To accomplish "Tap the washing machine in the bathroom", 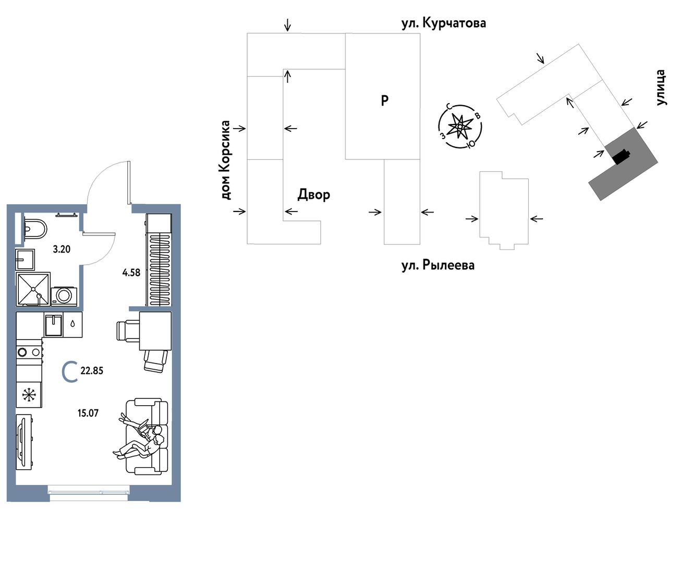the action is [x=64, y=296].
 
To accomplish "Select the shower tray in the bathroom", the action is [x=33, y=289].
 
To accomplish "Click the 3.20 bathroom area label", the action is [x=62, y=249].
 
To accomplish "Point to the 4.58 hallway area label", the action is [x=131, y=272].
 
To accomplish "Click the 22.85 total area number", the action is [x=92, y=371].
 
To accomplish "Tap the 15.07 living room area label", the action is [x=88, y=414].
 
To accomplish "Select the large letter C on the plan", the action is [x=70, y=372].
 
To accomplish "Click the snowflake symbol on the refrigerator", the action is [x=29, y=395].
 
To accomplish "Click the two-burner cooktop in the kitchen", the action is [x=29, y=352].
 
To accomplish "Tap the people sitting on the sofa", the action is [x=140, y=438].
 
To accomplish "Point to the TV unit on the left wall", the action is [x=24, y=442].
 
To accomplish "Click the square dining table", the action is [x=155, y=331].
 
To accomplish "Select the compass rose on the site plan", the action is [x=460, y=127].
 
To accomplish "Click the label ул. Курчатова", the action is [x=444, y=23].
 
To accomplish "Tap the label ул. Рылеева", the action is [x=438, y=265].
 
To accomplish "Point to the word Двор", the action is [x=314, y=195].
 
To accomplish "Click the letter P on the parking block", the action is [x=385, y=101].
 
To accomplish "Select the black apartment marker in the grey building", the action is [x=620, y=157].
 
